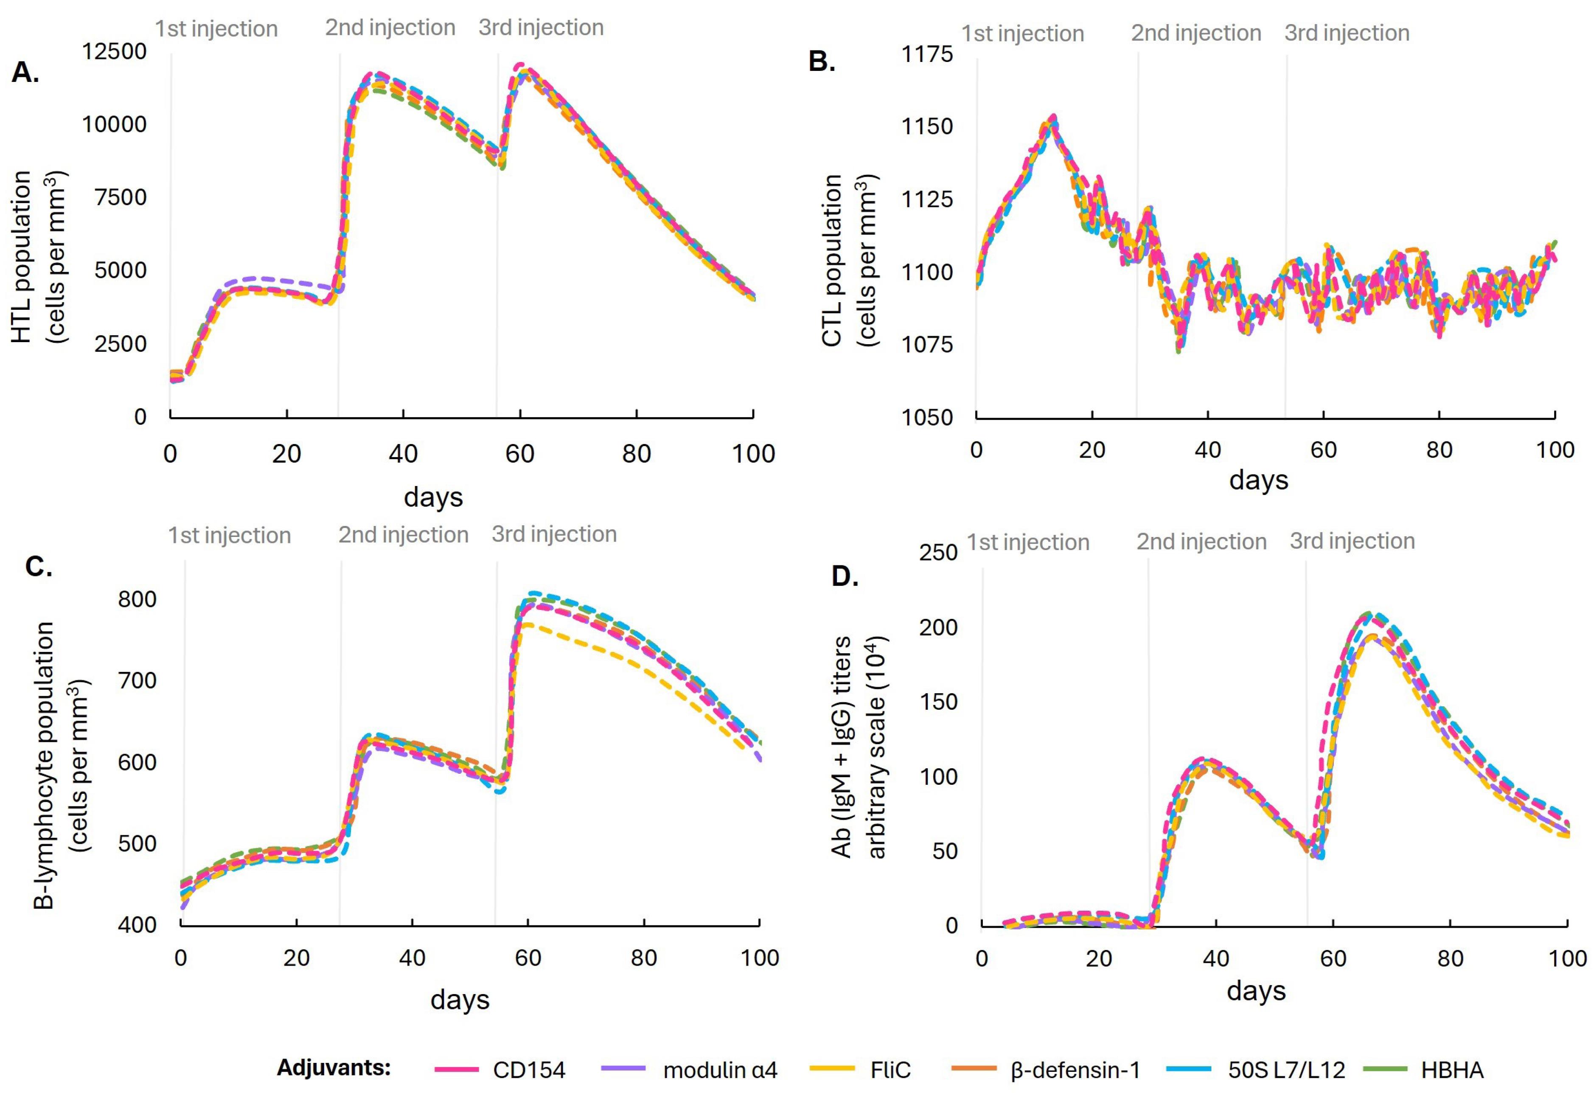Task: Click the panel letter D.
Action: click(845, 576)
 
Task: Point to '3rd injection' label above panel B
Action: click(1347, 33)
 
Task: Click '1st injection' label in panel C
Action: click(229, 535)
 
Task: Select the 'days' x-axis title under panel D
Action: click(1256, 991)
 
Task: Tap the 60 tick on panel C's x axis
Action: click(528, 958)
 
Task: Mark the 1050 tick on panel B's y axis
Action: click(926, 417)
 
